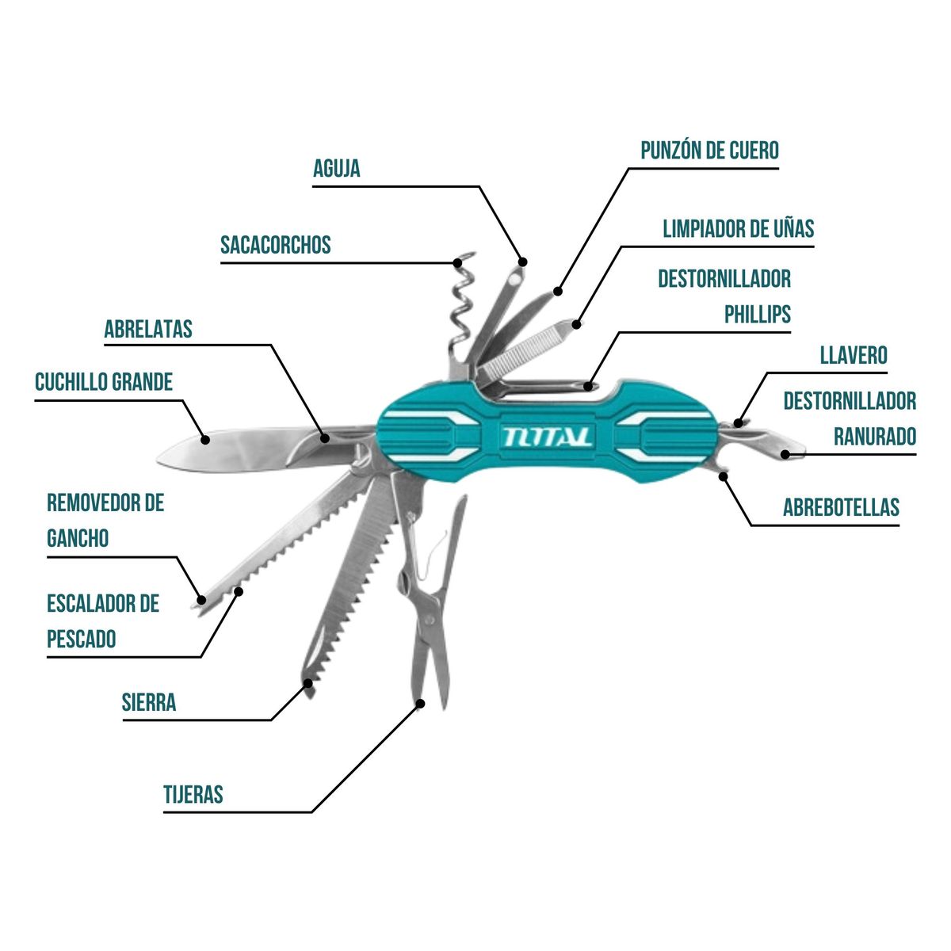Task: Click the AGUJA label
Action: (337, 169)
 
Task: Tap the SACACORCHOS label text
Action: (276, 245)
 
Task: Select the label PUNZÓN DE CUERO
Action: (709, 151)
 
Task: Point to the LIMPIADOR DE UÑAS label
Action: (738, 229)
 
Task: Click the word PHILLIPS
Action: (758, 315)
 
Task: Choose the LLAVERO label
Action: (854, 355)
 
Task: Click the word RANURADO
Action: (875, 437)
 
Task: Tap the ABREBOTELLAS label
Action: (841, 507)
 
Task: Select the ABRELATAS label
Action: (148, 329)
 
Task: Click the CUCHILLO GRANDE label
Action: (104, 382)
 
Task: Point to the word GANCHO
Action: (78, 539)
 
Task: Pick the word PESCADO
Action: (82, 639)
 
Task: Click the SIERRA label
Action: (149, 702)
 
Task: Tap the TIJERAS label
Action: (193, 794)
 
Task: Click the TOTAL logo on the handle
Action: (547, 437)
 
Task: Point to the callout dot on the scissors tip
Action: (420, 703)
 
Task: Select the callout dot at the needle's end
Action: (523, 261)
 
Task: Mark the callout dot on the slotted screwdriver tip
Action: (785, 454)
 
